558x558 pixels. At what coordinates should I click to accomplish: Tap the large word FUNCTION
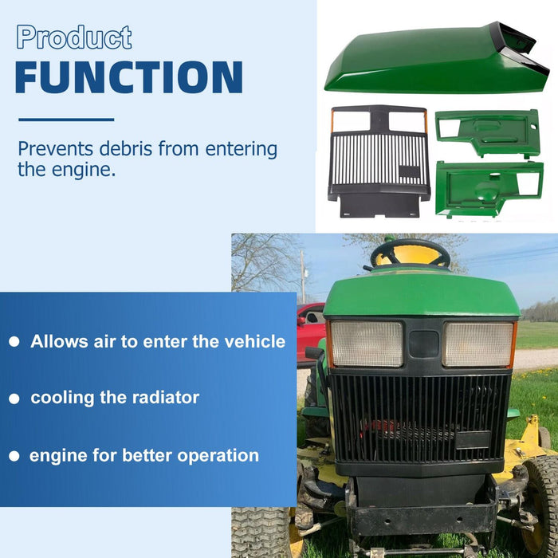click(x=128, y=77)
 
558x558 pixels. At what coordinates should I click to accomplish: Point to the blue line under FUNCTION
click(x=65, y=120)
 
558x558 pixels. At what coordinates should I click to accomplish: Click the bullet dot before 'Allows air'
click(x=14, y=342)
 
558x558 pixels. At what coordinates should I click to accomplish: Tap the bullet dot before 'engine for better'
click(x=14, y=457)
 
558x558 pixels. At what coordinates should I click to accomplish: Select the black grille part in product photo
click(x=379, y=159)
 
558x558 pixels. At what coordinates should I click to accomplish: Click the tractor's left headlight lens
click(x=367, y=344)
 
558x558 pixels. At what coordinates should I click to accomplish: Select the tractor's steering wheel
click(x=410, y=254)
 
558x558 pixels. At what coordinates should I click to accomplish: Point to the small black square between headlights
click(x=423, y=344)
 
